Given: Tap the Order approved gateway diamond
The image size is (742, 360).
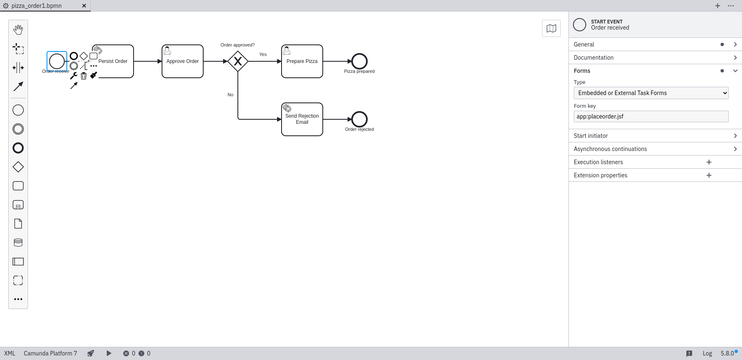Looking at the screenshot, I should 238,61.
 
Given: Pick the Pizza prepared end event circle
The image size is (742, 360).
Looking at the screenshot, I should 359,61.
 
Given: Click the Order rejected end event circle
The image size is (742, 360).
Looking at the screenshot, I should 359,119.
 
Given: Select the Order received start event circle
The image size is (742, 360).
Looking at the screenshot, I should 57,61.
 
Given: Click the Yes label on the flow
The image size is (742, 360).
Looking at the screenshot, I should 263,54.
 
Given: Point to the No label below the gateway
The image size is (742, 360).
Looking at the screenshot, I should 230,95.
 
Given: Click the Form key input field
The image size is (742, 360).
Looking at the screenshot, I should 651,116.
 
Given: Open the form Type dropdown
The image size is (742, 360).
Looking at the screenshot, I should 651,93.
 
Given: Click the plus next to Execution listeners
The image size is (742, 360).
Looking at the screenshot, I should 709,162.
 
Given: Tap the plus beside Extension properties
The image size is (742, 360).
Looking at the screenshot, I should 709,175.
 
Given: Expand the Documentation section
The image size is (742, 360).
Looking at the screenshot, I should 655,58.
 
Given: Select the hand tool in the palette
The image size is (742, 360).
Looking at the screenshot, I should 18,30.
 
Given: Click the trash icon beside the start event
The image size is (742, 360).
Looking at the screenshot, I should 84,76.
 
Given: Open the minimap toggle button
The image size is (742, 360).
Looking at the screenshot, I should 551,28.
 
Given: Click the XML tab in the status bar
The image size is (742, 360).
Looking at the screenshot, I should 9,353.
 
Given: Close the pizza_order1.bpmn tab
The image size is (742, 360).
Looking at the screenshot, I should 84,6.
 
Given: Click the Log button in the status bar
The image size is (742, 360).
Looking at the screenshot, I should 707,353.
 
